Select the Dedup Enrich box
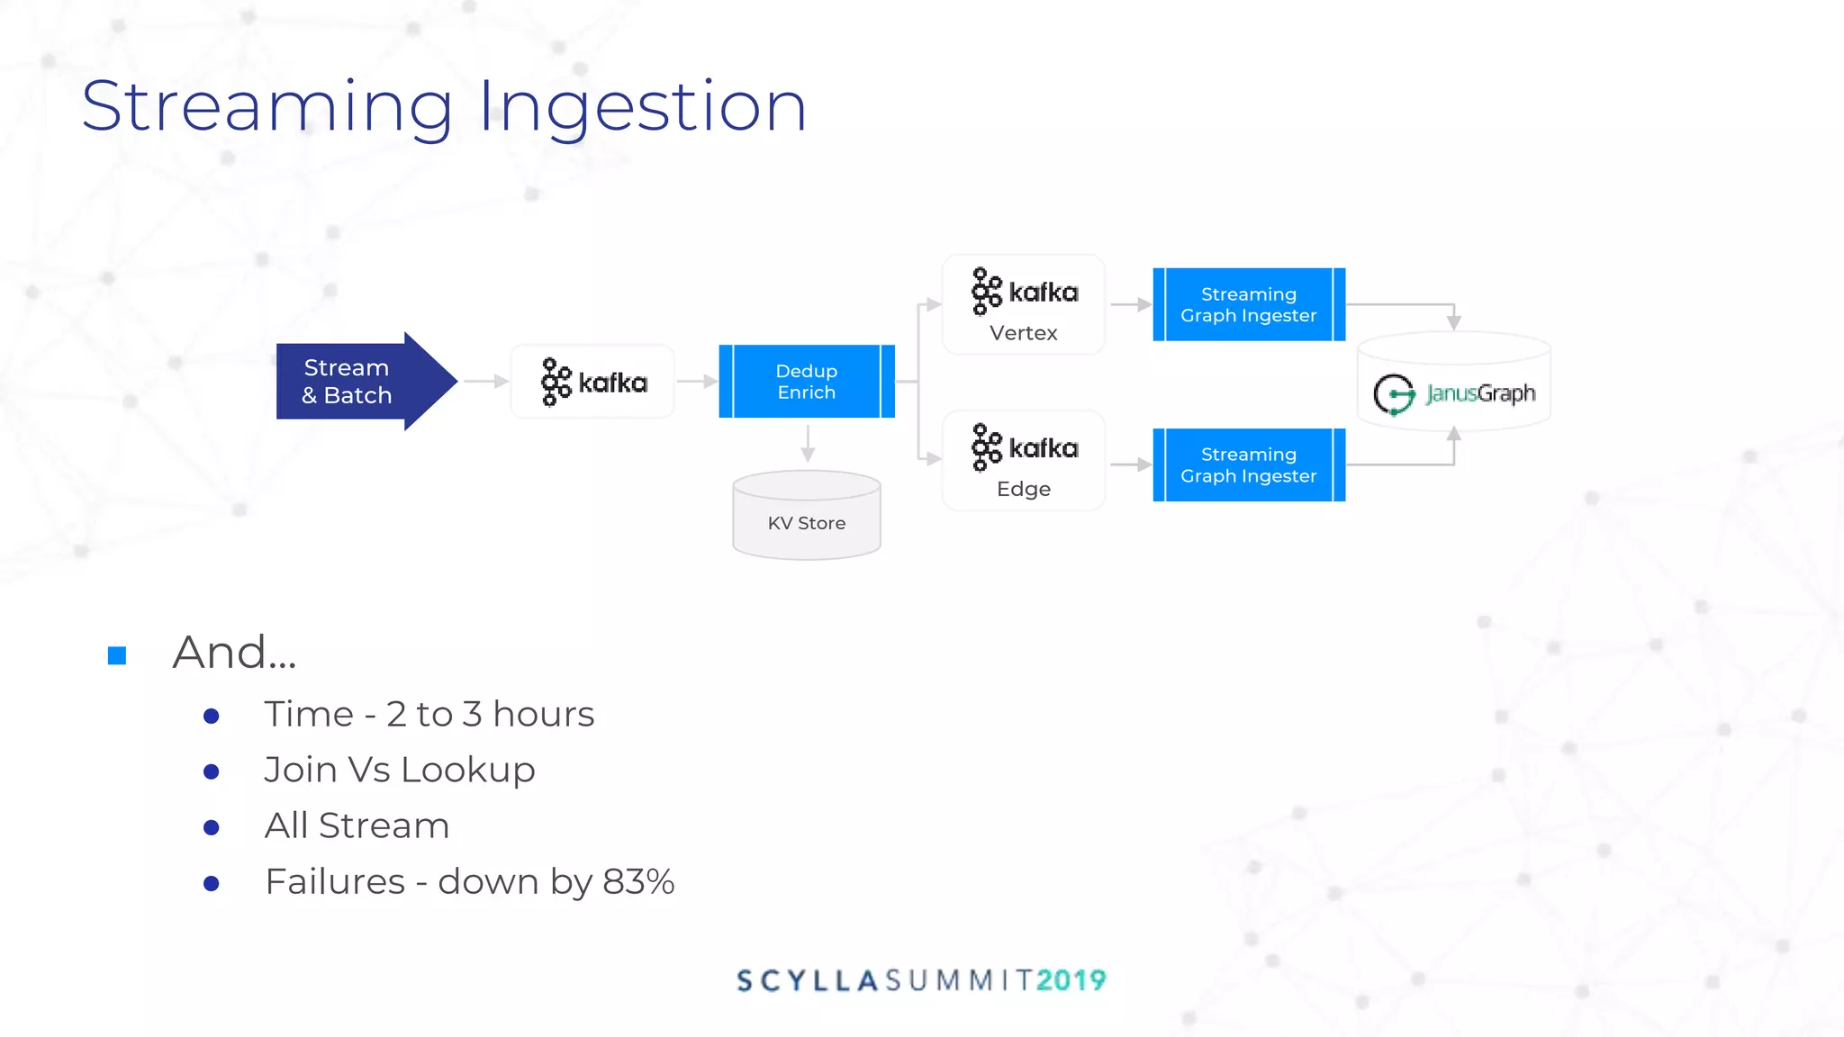(806, 382)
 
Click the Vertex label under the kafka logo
(1023, 333)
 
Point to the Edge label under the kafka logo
(1023, 489)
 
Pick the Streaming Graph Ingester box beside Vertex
(1248, 304)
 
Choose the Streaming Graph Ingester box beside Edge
(1248, 464)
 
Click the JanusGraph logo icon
(1394, 394)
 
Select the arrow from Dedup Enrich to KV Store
(808, 444)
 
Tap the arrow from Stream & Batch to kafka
(486, 382)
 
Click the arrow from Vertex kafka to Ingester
(1131, 304)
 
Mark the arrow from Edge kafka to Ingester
(1131, 464)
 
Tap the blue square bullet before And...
(117, 655)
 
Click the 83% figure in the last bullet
(638, 882)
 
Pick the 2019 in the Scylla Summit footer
(1071, 980)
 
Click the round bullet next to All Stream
(212, 827)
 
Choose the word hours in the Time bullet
(543, 715)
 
